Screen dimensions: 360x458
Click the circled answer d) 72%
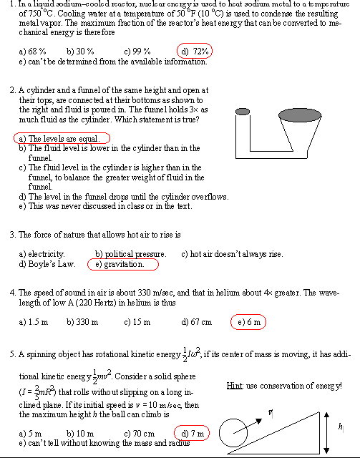195,52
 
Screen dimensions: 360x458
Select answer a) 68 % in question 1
33,52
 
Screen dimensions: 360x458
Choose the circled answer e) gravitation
122,264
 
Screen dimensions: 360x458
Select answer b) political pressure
131,253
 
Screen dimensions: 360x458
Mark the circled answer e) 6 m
250,322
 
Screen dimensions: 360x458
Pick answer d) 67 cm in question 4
197,322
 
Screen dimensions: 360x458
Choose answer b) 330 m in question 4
82,322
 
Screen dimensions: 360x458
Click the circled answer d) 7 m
192,434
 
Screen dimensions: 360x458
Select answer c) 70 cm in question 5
139,434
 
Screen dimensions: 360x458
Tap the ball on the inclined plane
233,432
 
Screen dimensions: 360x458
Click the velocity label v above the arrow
271,412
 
